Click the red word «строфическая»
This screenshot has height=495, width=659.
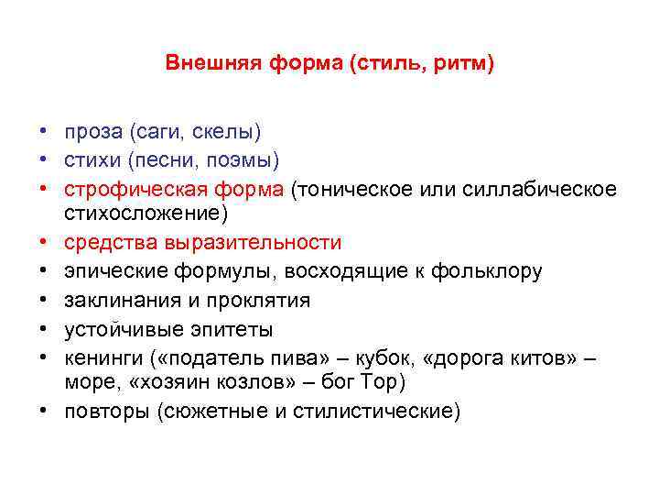tap(124, 189)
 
